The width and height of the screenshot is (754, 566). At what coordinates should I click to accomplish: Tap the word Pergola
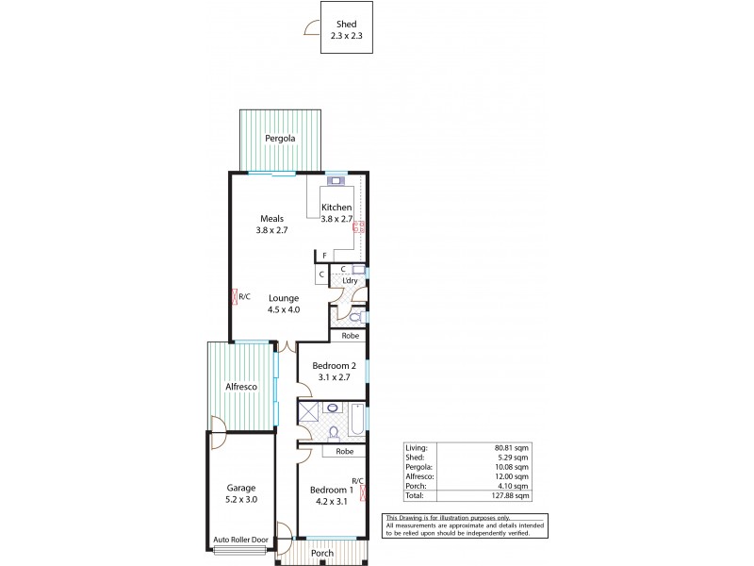click(x=280, y=139)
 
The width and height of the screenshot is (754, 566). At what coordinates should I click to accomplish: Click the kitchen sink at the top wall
click(x=335, y=179)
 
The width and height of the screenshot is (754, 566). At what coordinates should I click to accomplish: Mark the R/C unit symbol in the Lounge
click(x=236, y=296)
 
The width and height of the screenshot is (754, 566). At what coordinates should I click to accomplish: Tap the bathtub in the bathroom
click(x=358, y=421)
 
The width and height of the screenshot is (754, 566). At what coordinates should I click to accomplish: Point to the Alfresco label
click(x=241, y=387)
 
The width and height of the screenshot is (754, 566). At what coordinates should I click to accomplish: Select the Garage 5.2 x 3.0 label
click(x=240, y=494)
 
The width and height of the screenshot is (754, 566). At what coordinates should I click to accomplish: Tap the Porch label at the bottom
click(x=322, y=553)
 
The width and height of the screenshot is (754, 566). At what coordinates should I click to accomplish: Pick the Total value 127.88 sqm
click(x=513, y=495)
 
